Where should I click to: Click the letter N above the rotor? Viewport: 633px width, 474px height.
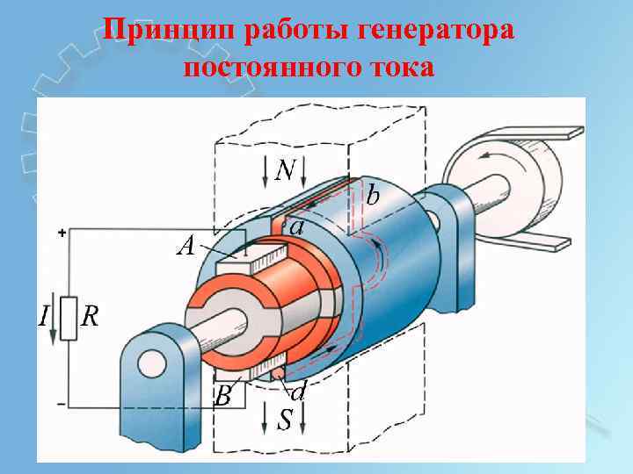click(x=285, y=170)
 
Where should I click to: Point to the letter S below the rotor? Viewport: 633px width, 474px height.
click(x=285, y=420)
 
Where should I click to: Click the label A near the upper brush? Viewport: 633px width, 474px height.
click(x=186, y=245)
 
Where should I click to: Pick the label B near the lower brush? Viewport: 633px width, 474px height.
click(x=223, y=397)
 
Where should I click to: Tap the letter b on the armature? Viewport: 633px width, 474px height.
click(x=374, y=195)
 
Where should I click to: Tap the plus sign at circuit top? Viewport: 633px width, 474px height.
click(x=62, y=233)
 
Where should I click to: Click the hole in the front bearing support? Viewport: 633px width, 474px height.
click(x=152, y=362)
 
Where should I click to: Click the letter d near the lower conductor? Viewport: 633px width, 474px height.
click(x=298, y=391)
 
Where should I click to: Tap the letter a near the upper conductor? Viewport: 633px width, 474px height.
click(x=297, y=226)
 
